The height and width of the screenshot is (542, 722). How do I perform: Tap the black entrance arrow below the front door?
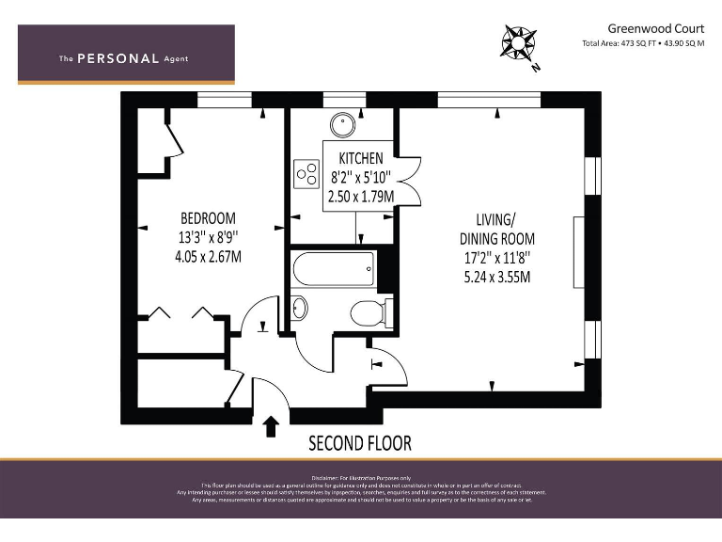tap(272, 426)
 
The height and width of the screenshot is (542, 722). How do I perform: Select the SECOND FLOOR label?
tap(360, 442)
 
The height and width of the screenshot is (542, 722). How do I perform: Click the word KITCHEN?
tap(361, 158)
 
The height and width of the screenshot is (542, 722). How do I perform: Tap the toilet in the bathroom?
tap(367, 311)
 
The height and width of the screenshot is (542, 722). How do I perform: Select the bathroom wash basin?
tap(298, 308)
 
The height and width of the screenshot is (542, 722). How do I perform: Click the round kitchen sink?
tap(341, 123)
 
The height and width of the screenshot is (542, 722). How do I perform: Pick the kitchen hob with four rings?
tap(306, 173)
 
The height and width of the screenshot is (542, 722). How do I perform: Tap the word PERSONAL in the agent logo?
tap(118, 58)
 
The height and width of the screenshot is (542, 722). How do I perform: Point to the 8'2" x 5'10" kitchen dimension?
tap(361, 177)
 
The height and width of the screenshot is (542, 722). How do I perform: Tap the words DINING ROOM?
tap(494, 238)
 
